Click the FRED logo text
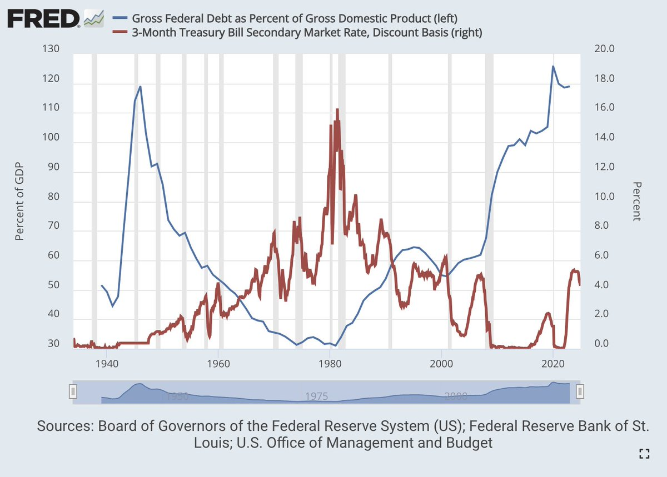(x=43, y=20)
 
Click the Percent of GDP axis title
(x=20, y=197)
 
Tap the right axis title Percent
(x=637, y=201)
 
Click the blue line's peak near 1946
(x=140, y=87)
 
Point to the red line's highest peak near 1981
(x=337, y=109)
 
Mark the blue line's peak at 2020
(x=552, y=66)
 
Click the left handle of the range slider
(x=72, y=391)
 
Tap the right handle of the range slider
(x=580, y=391)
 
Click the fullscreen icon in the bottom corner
(x=644, y=454)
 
